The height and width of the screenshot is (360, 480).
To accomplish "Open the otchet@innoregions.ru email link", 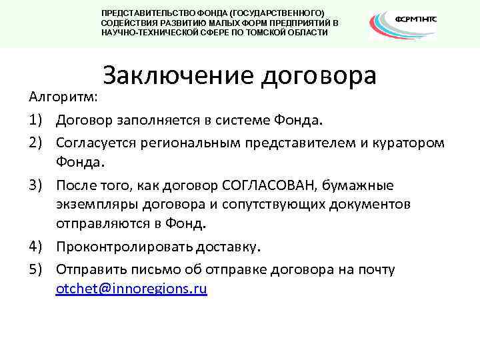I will tap(131, 289).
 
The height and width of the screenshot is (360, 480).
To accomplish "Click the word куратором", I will tap(409, 143).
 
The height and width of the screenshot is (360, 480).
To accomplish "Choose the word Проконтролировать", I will tap(125, 247).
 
